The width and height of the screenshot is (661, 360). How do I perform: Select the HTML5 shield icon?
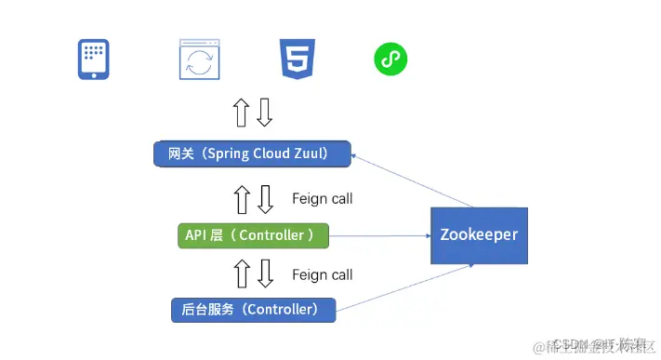click(x=295, y=60)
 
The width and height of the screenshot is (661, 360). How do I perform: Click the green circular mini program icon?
click(x=390, y=60)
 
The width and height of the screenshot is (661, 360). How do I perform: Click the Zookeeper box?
click(x=478, y=236)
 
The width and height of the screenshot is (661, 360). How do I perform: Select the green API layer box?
click(x=253, y=235)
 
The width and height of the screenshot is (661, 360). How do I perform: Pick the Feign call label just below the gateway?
click(x=322, y=198)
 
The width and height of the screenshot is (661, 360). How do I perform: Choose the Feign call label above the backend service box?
click(x=322, y=274)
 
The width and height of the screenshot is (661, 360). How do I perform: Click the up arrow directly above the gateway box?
click(x=241, y=112)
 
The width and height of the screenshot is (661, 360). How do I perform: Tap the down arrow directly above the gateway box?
click(x=265, y=112)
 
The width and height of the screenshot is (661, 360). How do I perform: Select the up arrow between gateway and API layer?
click(x=241, y=198)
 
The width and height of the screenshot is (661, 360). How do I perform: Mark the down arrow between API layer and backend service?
click(x=265, y=273)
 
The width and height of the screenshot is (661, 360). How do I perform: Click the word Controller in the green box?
click(x=271, y=235)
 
